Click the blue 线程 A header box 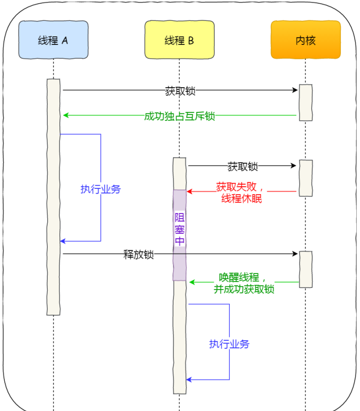click(53, 40)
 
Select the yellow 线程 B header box click(179, 40)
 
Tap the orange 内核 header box click(306, 40)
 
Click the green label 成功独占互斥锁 click(179, 116)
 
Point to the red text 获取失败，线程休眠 click(240, 193)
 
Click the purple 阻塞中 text click(180, 229)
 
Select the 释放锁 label click(139, 254)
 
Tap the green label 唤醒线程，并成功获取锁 click(244, 283)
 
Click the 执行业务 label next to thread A click(101, 189)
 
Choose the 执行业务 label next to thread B click(229, 344)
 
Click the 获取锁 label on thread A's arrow click(180, 91)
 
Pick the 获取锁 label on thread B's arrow click(243, 166)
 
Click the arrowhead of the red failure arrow click(190, 192)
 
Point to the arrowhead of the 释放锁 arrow click(295, 254)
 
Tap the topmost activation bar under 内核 click(306, 103)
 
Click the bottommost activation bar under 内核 click(306, 270)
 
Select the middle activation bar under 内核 click(306, 178)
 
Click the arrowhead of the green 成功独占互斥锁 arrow click(66, 115)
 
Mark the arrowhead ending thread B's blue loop click(189, 379)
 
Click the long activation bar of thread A click(53, 197)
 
